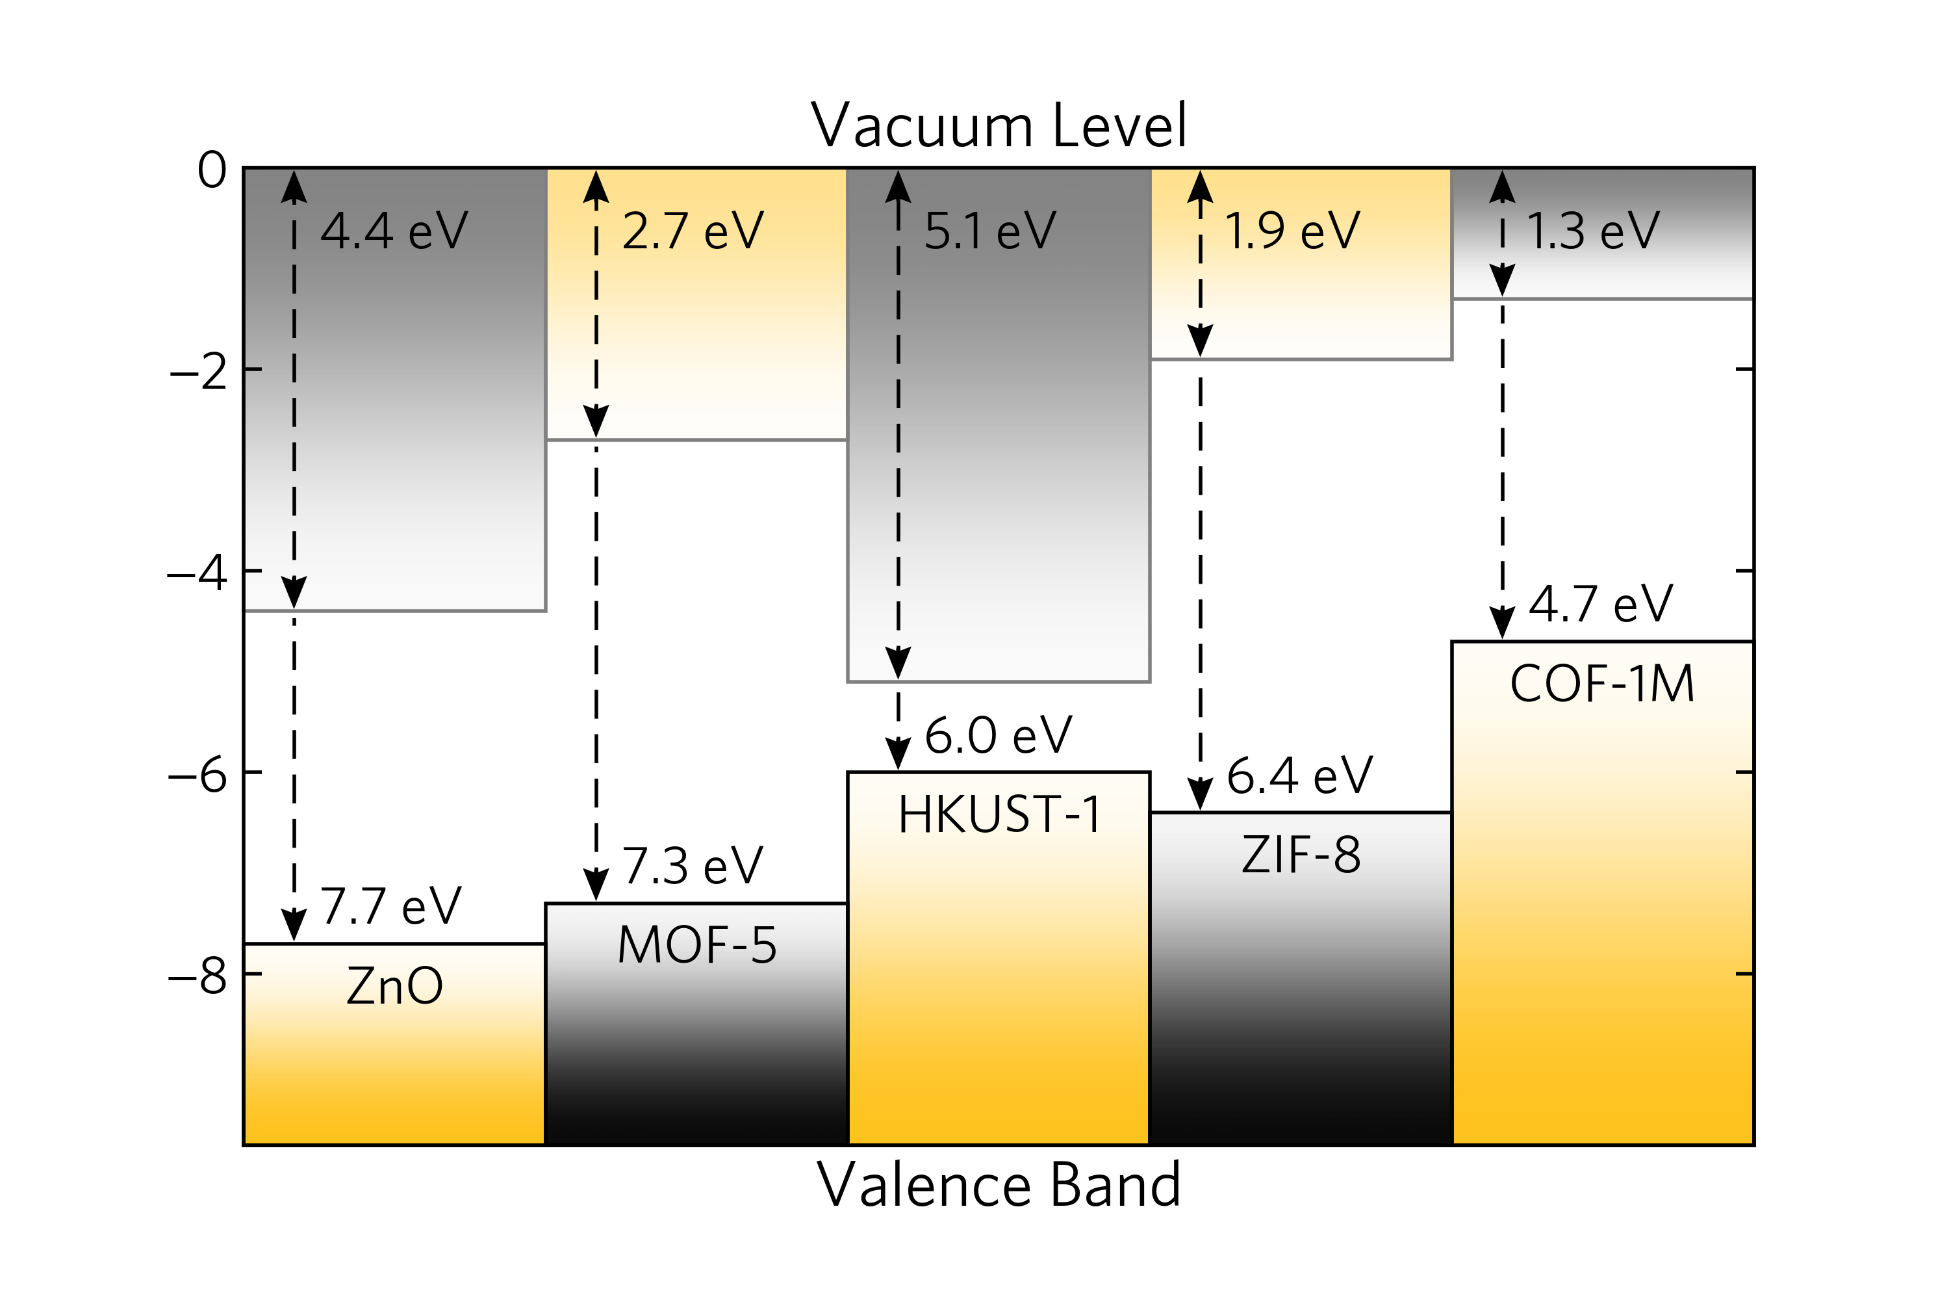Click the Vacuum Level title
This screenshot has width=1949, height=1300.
[998, 125]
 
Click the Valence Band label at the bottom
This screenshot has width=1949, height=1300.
[998, 1185]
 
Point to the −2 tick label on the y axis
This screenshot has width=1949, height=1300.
[198, 371]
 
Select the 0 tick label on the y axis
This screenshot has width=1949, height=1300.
[212, 171]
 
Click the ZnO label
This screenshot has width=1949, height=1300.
[394, 986]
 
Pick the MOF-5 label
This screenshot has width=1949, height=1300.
[697, 945]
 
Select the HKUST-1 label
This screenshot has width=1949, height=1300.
[999, 814]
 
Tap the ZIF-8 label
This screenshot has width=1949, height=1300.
[1301, 855]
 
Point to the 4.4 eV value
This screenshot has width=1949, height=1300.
[394, 231]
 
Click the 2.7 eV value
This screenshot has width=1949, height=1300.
[693, 231]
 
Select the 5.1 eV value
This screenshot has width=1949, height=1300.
[990, 231]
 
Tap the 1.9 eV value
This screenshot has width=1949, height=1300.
[1293, 231]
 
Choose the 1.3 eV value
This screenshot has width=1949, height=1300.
[1593, 231]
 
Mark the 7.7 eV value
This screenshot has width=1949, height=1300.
[390, 905]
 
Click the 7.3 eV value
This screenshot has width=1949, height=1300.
[692, 866]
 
